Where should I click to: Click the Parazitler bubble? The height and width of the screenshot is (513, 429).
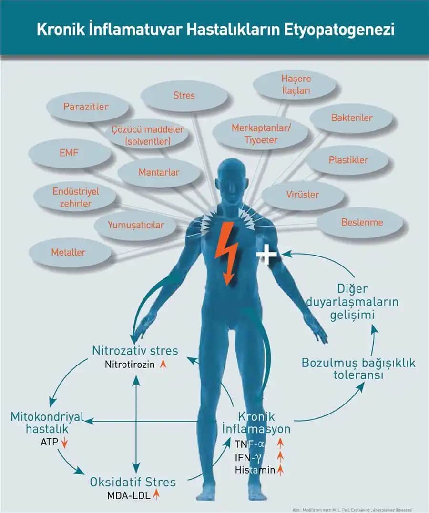click(86, 107)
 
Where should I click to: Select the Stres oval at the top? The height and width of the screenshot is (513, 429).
click(184, 96)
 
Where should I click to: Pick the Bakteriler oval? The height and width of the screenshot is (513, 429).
click(352, 118)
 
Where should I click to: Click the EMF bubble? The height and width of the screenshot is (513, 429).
click(69, 153)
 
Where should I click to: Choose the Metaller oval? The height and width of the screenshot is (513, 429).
click(69, 252)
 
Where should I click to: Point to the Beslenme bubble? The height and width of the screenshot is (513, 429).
click(362, 222)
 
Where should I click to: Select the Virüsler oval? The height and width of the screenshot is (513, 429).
click(303, 195)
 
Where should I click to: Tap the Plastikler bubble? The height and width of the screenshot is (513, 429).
click(348, 160)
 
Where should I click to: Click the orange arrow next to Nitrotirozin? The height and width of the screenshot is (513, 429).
click(163, 365)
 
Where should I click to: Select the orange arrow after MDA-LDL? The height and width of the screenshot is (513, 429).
click(156, 495)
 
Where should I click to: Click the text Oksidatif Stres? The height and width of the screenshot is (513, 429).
click(133, 482)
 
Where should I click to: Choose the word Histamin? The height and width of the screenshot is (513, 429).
click(255, 470)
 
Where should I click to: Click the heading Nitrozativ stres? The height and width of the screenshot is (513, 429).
click(135, 351)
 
